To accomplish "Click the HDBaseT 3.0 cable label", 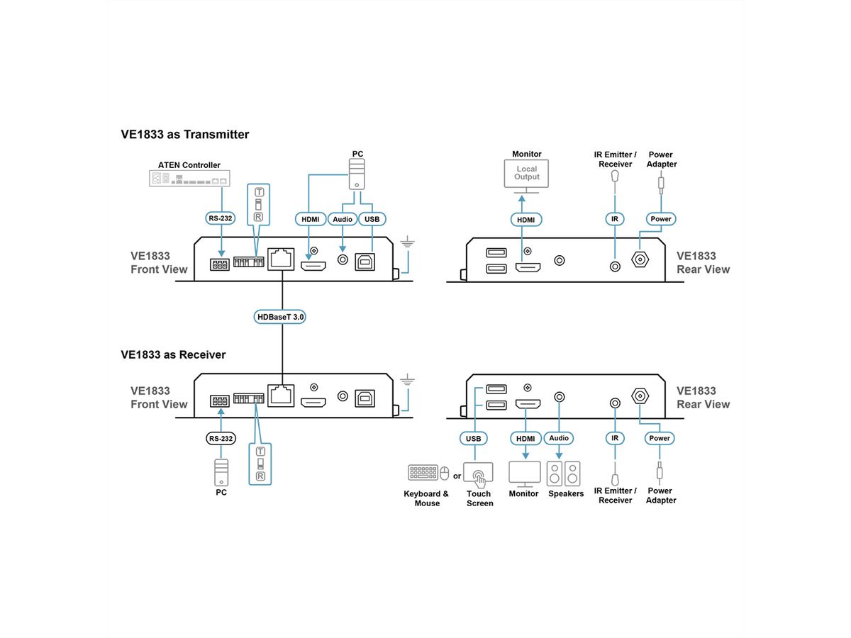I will (280, 318).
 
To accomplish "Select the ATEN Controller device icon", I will (189, 178).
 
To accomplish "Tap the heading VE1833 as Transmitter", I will (185, 134).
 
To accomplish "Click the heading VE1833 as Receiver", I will (173, 354).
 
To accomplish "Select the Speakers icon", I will (563, 473).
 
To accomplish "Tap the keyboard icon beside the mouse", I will (423, 473).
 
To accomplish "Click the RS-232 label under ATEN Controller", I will (221, 218).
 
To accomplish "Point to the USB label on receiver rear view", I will (473, 439).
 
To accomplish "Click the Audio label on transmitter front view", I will (343, 219).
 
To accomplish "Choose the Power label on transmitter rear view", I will (660, 219).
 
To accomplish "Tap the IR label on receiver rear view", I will (615, 439).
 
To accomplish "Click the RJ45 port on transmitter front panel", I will (282, 259).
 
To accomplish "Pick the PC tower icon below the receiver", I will (221, 471).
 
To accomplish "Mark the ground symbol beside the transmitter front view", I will (406, 245).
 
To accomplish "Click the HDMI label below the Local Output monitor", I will (526, 220).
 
